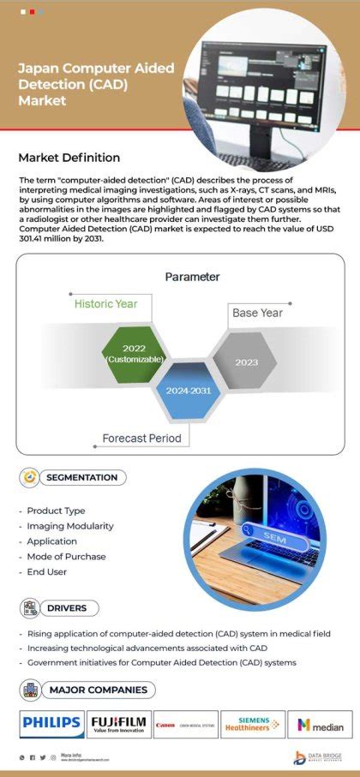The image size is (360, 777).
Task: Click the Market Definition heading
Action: pos(69,158)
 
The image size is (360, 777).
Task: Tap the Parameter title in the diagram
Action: pos(192,277)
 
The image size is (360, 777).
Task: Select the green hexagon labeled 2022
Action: pos(134,354)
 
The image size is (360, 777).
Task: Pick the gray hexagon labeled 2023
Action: pos(246,362)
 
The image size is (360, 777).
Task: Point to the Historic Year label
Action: pos(105,303)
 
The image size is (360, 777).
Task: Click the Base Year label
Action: pos(257,313)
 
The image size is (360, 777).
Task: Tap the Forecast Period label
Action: pos(142,438)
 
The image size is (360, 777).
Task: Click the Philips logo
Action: pos(52,725)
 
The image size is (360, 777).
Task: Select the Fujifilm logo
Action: pos(118,725)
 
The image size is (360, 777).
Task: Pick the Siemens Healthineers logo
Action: pos(253,725)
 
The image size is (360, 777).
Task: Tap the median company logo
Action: pos(320,725)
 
